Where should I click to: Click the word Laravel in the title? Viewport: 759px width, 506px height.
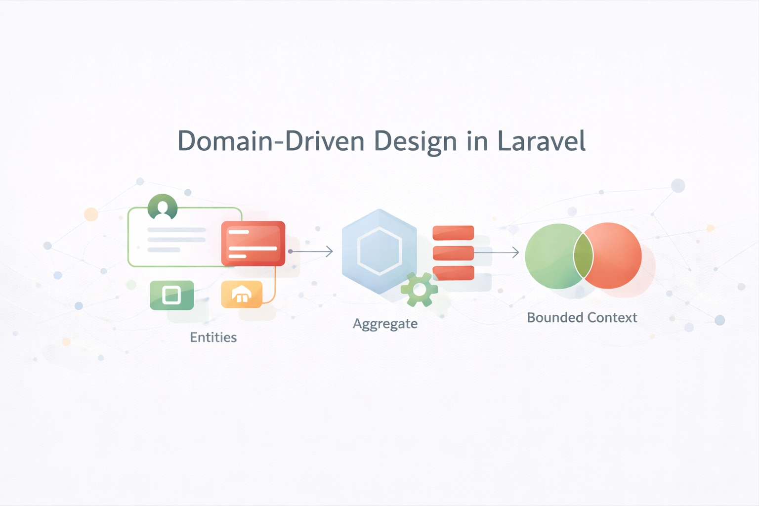[x=541, y=141]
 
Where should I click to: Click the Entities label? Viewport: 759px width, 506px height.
[x=213, y=337]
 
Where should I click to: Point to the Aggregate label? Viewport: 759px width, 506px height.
[x=385, y=324]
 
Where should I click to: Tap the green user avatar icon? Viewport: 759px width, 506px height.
[x=163, y=207]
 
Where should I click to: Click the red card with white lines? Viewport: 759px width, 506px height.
[x=253, y=244]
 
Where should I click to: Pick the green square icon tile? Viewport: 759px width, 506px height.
[x=171, y=295]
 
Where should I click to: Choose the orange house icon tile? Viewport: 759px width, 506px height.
[x=242, y=295]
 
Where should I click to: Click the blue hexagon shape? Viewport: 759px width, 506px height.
[x=379, y=251]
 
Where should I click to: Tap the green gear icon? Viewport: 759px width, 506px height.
[x=420, y=290]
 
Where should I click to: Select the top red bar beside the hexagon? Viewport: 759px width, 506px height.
[x=453, y=233]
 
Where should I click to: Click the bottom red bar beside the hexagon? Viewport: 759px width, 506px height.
[x=453, y=273]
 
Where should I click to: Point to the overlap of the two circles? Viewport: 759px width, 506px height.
[x=583, y=256]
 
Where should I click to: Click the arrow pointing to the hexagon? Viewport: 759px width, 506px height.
[x=312, y=252]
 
